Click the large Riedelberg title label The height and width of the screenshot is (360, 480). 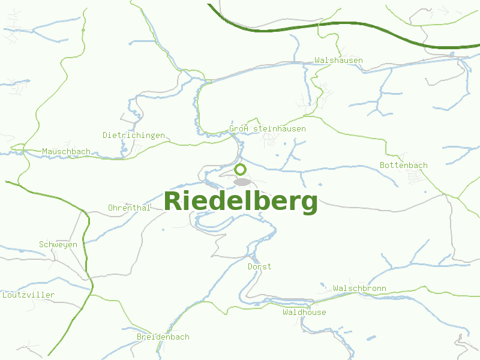(241, 202)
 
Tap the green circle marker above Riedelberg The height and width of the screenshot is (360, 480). (241, 169)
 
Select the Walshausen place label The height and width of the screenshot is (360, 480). (338, 61)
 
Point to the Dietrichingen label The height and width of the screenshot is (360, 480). (134, 136)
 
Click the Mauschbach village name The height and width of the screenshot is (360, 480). (67, 152)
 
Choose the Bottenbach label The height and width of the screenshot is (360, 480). (404, 166)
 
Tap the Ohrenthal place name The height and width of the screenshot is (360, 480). (129, 208)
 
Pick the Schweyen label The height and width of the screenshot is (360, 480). (58, 245)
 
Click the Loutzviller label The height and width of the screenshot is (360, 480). (28, 295)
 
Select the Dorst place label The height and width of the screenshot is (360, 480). (259, 266)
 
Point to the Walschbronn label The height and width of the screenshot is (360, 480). (359, 289)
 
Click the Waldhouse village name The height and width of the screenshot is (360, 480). (305, 313)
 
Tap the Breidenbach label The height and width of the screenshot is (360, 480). (163, 337)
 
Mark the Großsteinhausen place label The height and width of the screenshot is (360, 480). (268, 129)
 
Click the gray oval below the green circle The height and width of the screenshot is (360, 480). (242, 182)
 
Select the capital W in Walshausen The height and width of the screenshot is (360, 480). (317, 61)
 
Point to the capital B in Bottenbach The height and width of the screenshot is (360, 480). (383, 166)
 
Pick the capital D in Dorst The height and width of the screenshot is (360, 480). (250, 266)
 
